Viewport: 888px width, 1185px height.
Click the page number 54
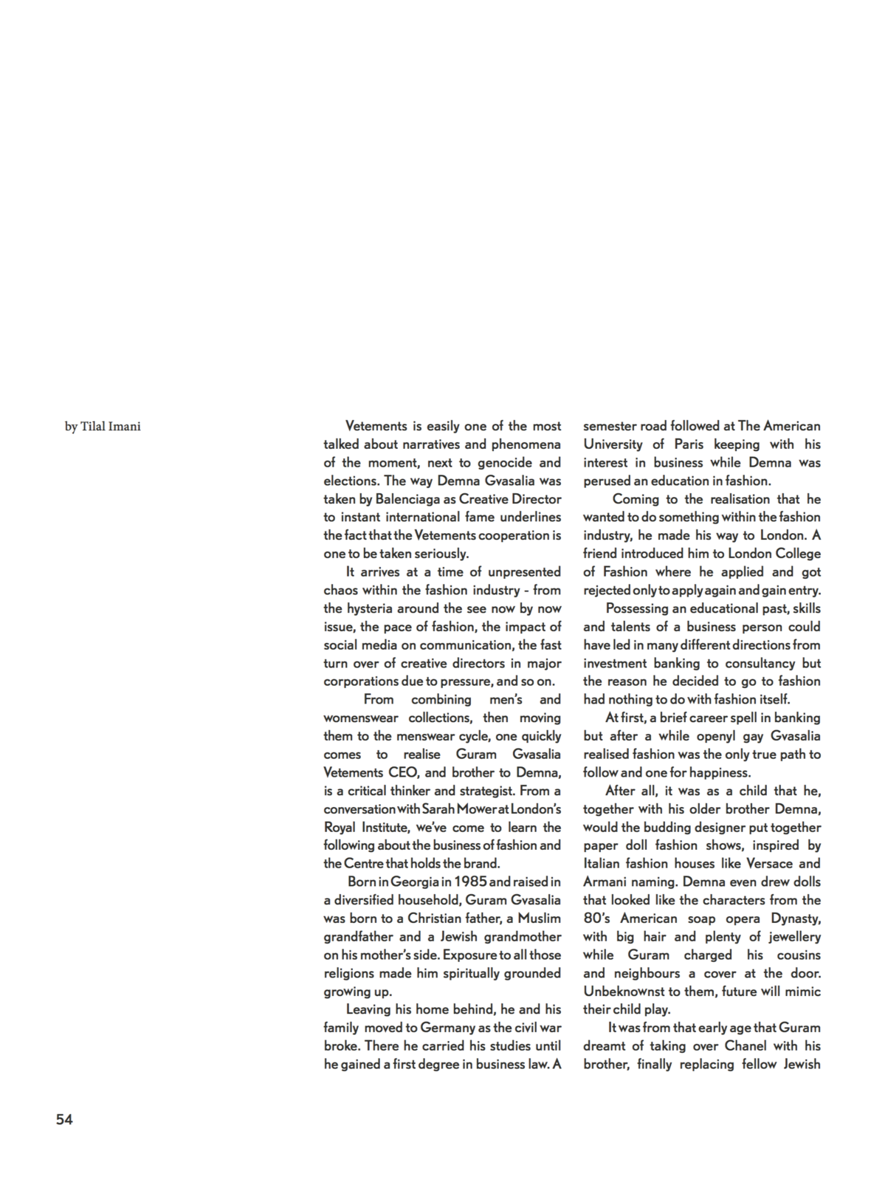tap(64, 1119)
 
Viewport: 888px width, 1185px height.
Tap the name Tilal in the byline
tap(95, 426)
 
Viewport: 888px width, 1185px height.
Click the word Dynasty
tap(795, 918)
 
